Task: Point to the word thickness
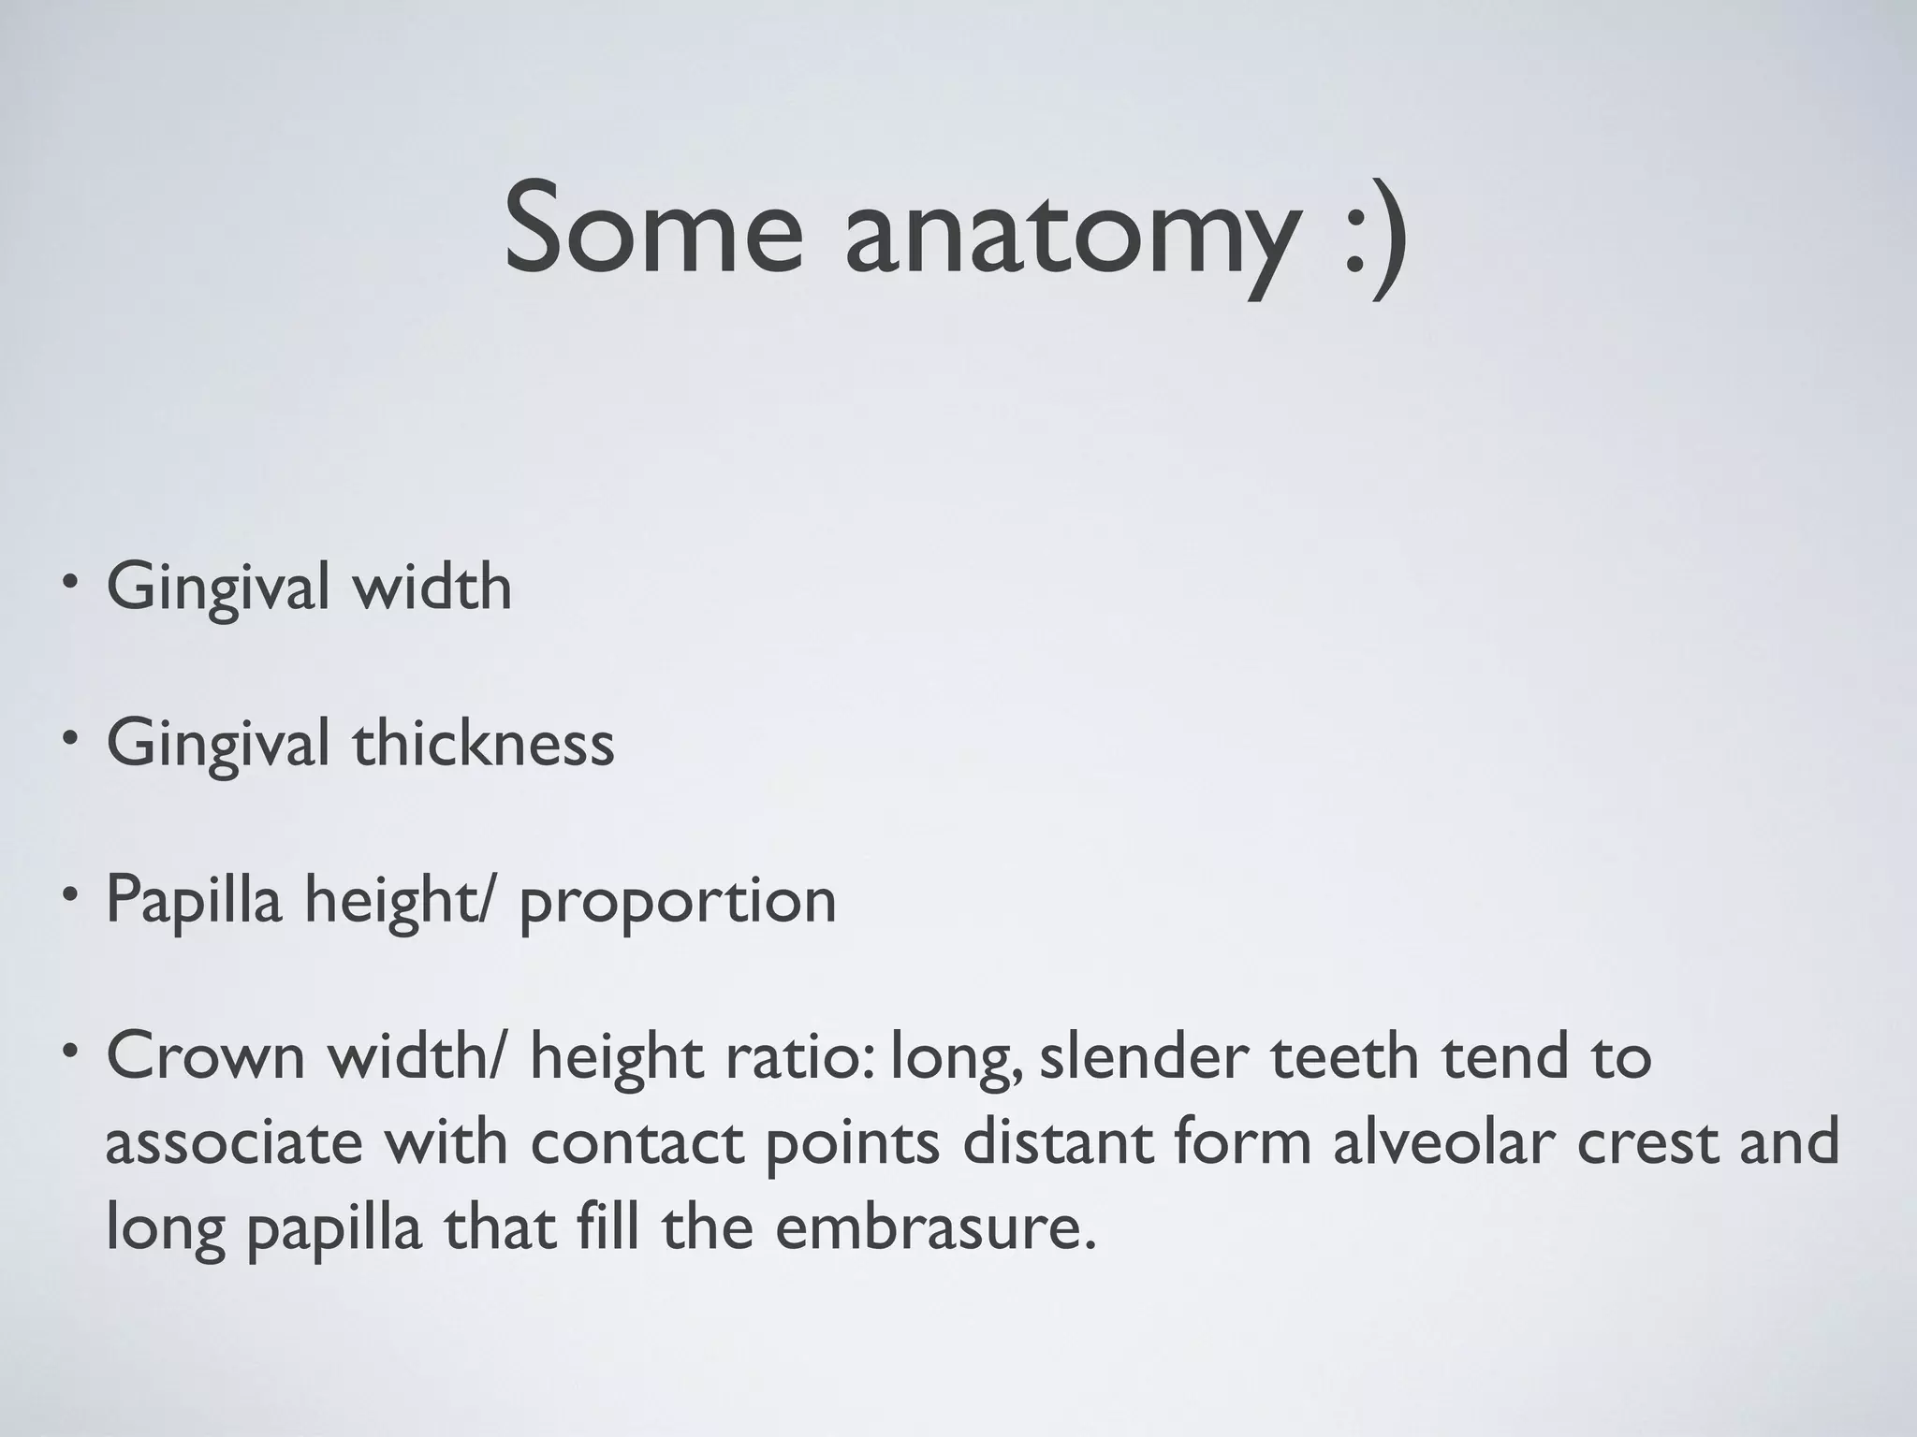click(x=483, y=744)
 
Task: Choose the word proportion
click(x=677, y=904)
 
